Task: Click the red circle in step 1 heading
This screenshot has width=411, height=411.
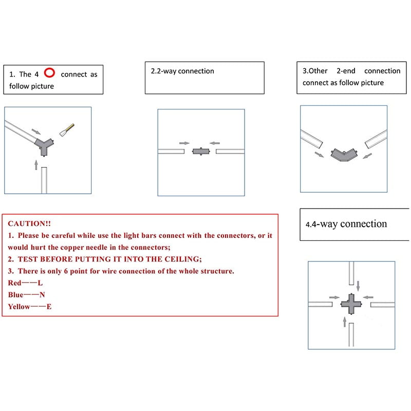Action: click(50, 73)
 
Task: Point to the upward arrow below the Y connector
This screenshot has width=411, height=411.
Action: click(36, 164)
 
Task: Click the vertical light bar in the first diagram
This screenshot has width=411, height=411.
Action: click(44, 180)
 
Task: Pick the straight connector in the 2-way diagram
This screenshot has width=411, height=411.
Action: click(198, 152)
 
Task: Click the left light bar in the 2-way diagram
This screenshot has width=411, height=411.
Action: click(171, 152)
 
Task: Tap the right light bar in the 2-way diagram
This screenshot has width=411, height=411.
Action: click(230, 152)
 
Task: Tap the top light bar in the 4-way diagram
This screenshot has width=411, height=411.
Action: click(352, 274)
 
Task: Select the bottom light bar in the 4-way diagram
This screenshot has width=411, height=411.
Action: click(352, 335)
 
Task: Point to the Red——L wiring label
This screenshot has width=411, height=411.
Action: click(25, 283)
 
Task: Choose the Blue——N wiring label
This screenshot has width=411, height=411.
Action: click(27, 295)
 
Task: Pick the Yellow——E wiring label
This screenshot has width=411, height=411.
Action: click(30, 307)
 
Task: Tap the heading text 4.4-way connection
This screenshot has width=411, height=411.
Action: click(346, 224)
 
